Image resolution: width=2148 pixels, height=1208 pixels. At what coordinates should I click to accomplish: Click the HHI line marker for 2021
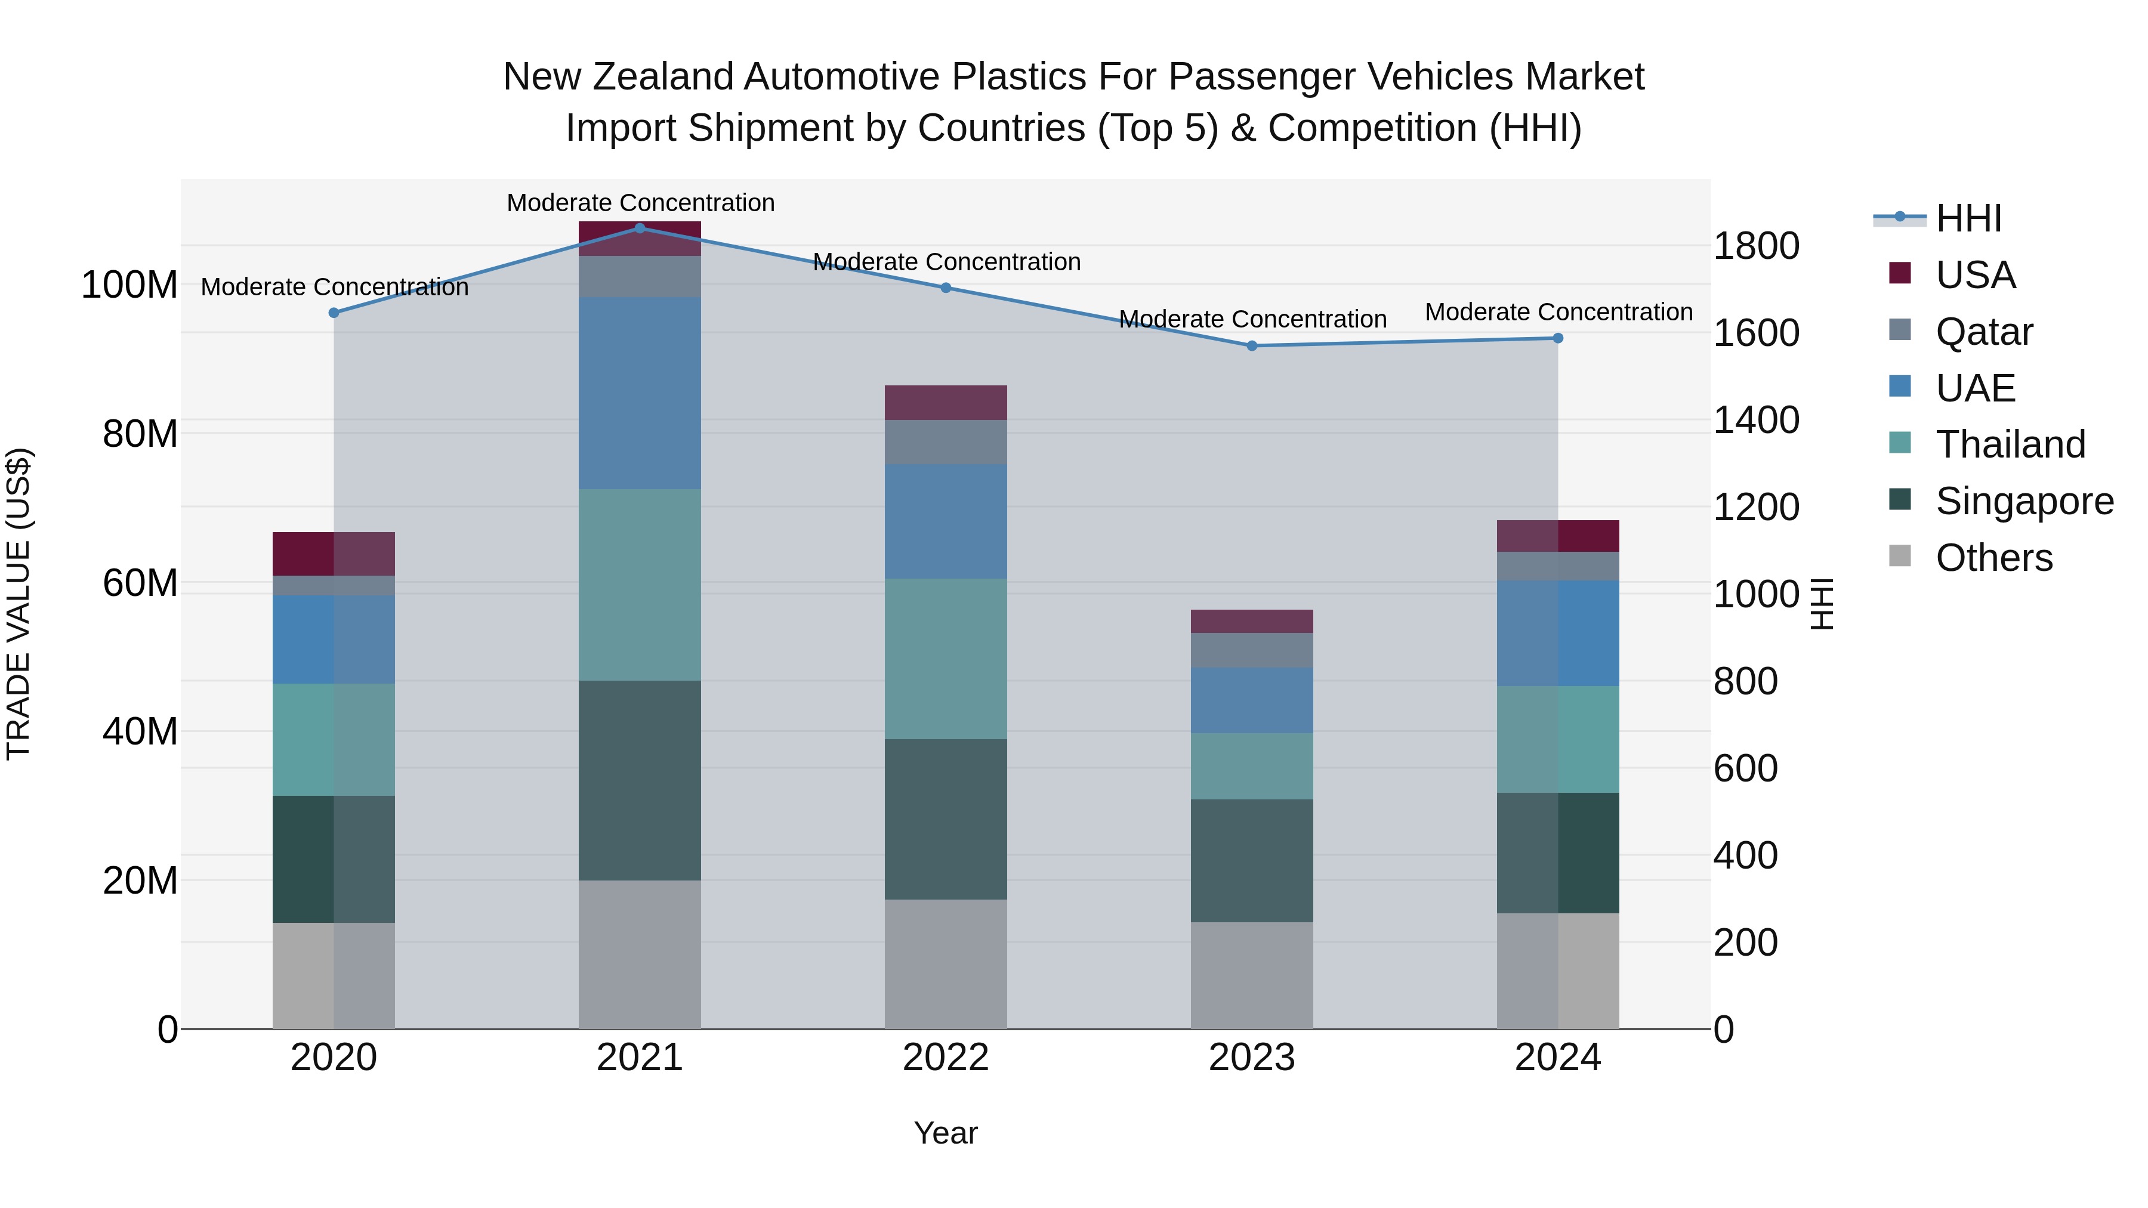coord(640,228)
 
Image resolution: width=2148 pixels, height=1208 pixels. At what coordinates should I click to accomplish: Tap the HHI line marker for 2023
coord(1252,345)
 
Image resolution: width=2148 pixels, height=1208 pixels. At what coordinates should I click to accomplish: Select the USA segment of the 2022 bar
coord(946,402)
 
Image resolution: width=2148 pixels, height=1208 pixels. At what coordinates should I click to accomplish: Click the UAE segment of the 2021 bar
coord(640,393)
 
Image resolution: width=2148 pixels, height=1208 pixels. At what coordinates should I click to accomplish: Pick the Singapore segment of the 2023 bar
coord(1252,860)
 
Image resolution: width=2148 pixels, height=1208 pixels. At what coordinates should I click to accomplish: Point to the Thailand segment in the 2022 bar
coord(946,658)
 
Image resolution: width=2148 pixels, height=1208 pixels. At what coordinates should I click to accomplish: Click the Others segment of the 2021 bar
coord(640,954)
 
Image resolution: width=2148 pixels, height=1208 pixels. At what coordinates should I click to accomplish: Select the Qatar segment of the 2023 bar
coord(1252,650)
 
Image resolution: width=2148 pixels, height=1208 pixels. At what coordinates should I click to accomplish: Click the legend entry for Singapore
coord(2024,501)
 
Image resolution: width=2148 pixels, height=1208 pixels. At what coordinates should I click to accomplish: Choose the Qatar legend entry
coord(1984,332)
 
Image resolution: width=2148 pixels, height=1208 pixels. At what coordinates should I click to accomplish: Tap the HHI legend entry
coord(1968,218)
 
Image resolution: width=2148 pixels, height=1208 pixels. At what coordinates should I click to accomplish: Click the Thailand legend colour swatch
coord(1900,443)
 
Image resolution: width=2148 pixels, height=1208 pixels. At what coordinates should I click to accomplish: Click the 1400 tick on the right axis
coord(1756,420)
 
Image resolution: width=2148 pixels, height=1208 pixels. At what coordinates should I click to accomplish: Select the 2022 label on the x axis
coord(946,1058)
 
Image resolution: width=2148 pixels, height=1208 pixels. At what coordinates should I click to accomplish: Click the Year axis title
coord(946,1133)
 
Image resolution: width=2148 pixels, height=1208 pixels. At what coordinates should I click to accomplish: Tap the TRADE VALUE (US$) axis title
coord(18,604)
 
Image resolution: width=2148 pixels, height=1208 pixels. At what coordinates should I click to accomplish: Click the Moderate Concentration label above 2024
coord(1558,312)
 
